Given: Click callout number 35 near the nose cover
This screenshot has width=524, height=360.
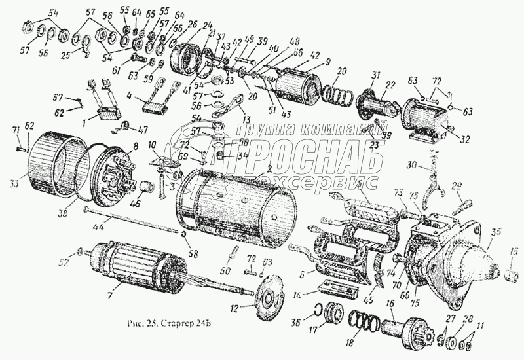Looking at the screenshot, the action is pos(495,232).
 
